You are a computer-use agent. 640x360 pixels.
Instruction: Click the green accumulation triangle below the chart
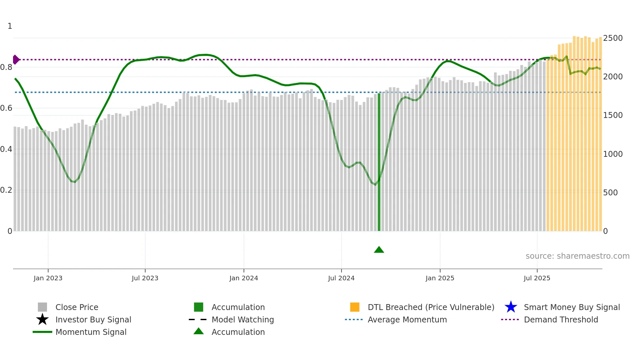(379, 250)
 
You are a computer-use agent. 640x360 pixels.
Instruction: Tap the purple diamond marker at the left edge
(16, 60)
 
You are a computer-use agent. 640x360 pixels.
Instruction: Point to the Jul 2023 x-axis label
(145, 278)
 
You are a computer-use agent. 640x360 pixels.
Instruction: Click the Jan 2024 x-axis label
(244, 278)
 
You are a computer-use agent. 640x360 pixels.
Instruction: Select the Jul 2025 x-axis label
(537, 278)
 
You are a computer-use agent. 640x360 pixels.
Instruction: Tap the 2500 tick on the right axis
(613, 38)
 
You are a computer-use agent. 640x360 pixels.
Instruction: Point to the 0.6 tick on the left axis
(6, 108)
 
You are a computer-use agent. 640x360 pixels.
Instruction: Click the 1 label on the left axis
(10, 26)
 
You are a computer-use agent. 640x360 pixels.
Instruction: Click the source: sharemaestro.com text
(577, 256)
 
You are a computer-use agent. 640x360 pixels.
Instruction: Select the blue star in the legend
(511, 307)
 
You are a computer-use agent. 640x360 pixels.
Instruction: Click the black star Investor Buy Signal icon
(42, 319)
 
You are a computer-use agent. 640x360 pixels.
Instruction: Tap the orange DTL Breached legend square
(355, 307)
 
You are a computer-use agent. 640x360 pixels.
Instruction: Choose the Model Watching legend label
(243, 319)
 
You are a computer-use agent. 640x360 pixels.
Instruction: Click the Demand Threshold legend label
(561, 319)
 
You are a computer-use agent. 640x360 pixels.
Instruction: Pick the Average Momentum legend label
(407, 319)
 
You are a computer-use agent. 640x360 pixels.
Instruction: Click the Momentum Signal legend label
(91, 332)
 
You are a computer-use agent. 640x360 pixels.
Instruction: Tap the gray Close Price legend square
(42, 307)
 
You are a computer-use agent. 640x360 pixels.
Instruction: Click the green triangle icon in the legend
(199, 331)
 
